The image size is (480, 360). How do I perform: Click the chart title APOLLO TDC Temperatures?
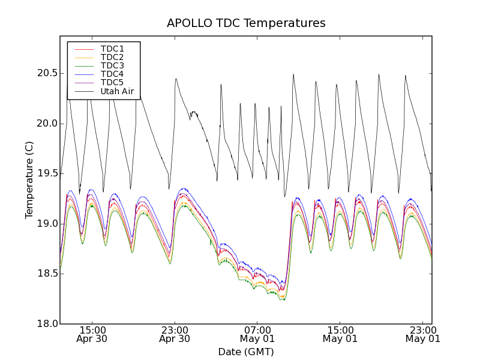[246, 23]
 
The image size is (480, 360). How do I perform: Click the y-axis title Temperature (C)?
[29, 180]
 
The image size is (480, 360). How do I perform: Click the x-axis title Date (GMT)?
[246, 352]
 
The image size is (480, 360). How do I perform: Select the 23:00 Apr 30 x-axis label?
[175, 334]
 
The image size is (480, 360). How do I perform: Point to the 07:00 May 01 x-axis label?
[257, 334]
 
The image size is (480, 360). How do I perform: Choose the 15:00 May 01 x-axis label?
[340, 334]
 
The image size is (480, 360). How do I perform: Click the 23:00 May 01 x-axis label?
[423, 334]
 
